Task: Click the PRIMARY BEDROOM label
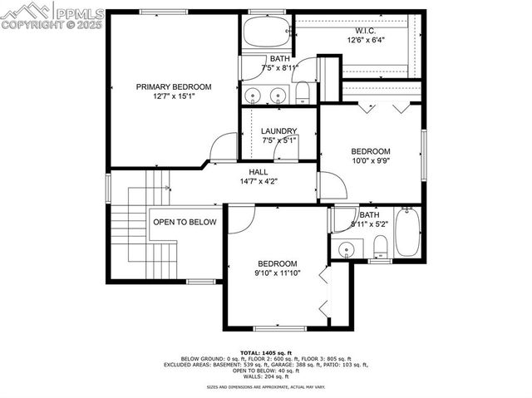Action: point(174,86)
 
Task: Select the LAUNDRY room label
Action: point(278,131)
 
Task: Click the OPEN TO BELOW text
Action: point(185,222)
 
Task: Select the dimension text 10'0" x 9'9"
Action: point(370,161)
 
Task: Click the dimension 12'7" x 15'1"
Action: point(174,96)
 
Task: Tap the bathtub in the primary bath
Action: point(265,33)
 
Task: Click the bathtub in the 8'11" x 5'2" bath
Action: point(407,233)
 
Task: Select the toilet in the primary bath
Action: point(304,91)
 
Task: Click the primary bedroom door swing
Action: point(224,148)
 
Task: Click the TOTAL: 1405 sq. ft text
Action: point(266,352)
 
